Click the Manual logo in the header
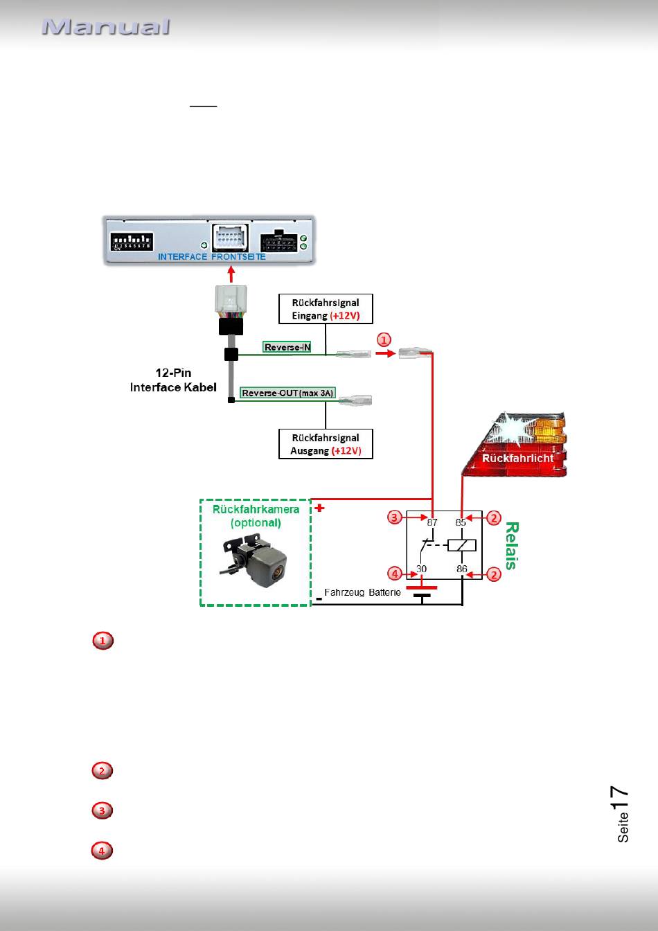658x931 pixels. pos(106,26)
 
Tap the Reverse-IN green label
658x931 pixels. pos(287,347)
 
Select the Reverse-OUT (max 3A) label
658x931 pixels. pos(287,393)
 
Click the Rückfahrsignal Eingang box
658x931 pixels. pos(326,309)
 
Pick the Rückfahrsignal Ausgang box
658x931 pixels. pos(326,444)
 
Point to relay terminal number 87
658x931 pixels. pos(432,522)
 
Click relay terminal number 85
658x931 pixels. pos(461,522)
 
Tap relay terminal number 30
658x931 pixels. pos(422,569)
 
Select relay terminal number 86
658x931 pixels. pos(462,569)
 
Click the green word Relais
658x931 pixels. pos(512,546)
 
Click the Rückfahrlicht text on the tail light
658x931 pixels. pos(517,458)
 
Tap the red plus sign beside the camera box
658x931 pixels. pos(319,508)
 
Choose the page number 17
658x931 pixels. pos(620,797)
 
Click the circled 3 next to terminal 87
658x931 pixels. pos(395,517)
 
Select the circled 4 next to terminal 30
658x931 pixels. pos(395,574)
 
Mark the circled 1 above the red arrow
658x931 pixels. pos(384,340)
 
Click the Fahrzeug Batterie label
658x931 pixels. pos(362,592)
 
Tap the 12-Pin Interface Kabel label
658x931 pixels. pos(173,380)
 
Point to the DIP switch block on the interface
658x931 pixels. pos(132,242)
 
